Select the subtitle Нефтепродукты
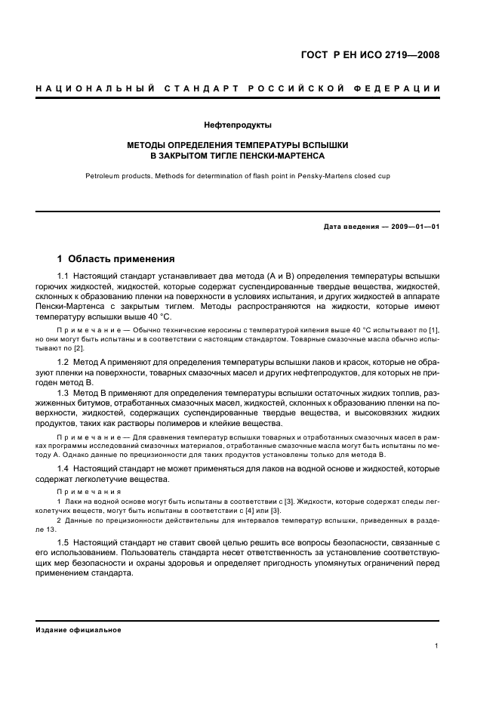pyautogui.click(x=238, y=125)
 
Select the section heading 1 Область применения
pyautogui.click(x=116, y=258)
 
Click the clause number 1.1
pyautogui.click(x=63, y=276)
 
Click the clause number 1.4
pyautogui.click(x=63, y=469)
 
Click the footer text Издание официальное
pyautogui.click(x=79, y=630)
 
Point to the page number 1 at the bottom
pyautogui.click(x=437, y=645)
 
